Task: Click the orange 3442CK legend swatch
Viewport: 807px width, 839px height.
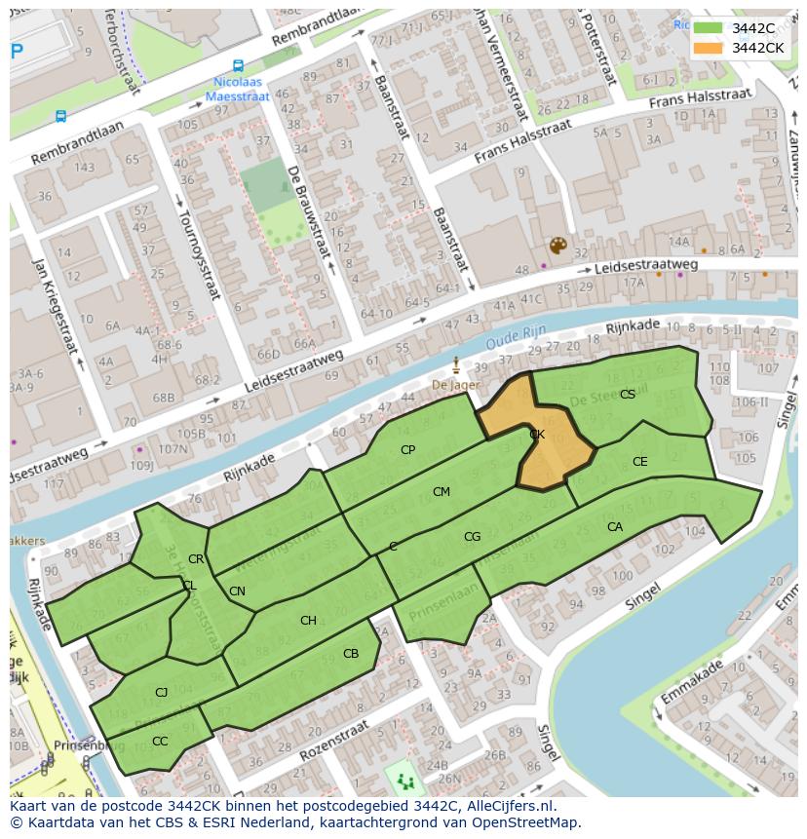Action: pos(709,48)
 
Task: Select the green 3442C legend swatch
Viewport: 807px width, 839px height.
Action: pos(709,28)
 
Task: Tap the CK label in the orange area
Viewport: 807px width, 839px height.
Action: pos(536,435)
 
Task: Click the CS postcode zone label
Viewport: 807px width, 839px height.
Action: pos(628,395)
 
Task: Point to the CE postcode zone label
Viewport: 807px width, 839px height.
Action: pos(639,462)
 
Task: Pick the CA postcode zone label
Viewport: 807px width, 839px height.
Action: pos(614,527)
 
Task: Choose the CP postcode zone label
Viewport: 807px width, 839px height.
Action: pos(407,450)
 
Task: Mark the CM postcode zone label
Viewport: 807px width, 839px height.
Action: pos(442,492)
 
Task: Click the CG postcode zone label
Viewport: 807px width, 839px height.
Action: pos(472,537)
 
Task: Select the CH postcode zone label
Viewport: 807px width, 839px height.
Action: pos(308,621)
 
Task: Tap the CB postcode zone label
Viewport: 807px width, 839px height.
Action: pos(351,654)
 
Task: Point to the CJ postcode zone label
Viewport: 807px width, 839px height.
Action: pos(162,693)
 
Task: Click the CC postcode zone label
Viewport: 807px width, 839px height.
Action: pos(160,742)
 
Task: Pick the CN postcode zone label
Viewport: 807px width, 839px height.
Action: pos(237,591)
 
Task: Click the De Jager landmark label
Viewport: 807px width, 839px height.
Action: pos(455,386)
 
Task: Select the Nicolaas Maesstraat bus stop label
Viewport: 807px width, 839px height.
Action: pos(239,89)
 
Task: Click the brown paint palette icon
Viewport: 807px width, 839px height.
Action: pos(557,246)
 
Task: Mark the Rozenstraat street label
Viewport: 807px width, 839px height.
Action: pos(333,743)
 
